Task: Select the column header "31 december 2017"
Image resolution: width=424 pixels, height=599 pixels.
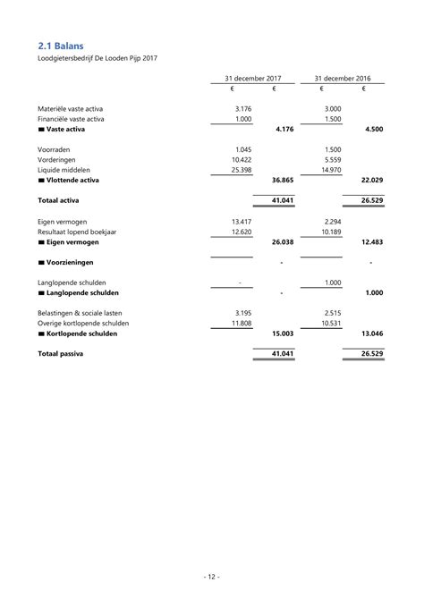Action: [254, 78]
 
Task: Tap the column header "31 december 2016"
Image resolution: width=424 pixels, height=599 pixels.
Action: [343, 78]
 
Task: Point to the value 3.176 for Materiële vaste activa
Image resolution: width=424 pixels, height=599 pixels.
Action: [242, 108]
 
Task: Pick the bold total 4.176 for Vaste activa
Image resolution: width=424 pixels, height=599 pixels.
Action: [284, 130]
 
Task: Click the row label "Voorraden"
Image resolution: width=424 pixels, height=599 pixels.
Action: [56, 148]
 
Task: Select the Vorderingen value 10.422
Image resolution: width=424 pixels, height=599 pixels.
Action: [241, 159]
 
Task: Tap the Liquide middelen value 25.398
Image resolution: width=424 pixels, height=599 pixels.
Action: [241, 170]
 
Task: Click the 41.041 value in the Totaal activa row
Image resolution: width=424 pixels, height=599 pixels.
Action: [283, 201]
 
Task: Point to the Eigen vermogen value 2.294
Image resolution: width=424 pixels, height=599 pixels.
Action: [332, 221]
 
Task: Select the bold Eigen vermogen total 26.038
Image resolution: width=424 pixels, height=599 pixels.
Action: [283, 242]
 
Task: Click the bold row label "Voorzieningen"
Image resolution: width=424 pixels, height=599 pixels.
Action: [79, 263]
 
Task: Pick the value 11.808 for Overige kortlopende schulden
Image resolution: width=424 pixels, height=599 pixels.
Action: [241, 323]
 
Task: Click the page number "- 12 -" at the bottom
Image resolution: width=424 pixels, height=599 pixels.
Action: [212, 576]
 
